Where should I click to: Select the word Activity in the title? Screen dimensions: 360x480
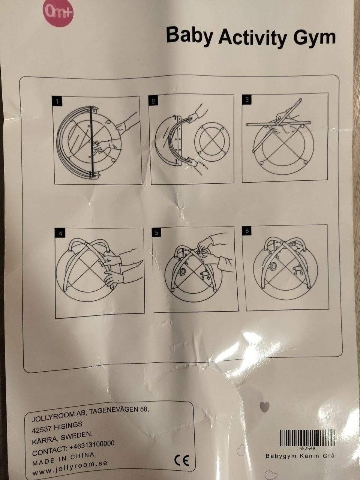click(253, 37)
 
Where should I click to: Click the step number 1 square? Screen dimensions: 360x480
click(57, 101)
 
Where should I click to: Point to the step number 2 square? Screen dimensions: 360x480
click(153, 100)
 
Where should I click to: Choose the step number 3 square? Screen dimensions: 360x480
click(247, 100)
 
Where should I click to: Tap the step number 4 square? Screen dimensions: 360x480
click(60, 234)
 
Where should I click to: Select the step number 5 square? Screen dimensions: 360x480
click(156, 232)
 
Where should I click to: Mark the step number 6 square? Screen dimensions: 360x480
click(247, 231)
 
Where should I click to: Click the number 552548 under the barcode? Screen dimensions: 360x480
click(307, 448)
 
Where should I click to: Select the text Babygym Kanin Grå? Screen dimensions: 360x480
click(300, 456)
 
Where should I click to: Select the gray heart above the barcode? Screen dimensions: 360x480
click(264, 407)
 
